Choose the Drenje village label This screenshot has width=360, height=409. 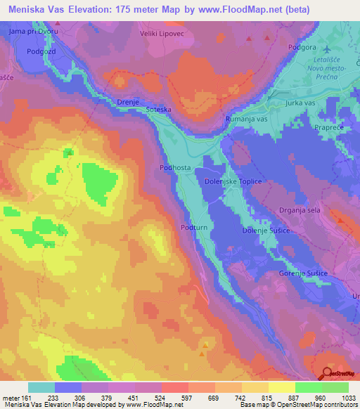(x=127, y=103)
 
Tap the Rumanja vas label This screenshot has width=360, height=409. (x=247, y=119)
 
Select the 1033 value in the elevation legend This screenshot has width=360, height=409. (x=345, y=397)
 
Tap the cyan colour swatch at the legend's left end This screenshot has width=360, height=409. (x=41, y=387)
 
